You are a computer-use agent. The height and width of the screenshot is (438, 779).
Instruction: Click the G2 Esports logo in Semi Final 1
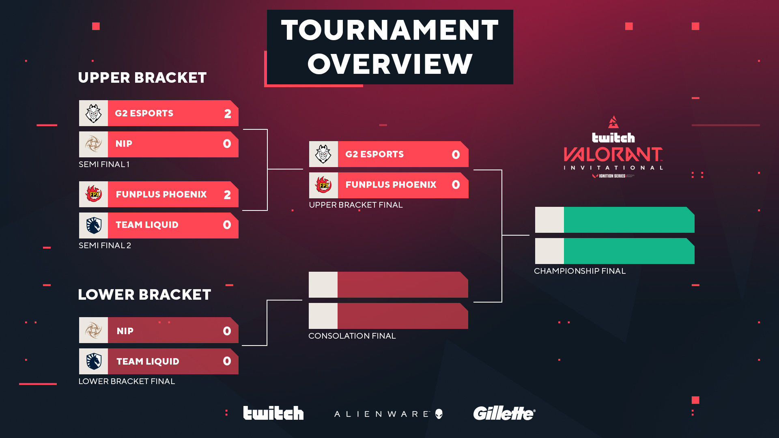pos(93,113)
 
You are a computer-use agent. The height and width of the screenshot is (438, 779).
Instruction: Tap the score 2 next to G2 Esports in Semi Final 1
pos(228,114)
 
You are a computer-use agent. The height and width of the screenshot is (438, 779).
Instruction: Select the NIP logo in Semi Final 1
pos(93,144)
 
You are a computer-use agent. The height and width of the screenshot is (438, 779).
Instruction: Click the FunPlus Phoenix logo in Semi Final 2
pos(93,194)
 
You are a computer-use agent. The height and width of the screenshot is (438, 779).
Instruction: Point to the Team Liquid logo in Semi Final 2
pos(93,225)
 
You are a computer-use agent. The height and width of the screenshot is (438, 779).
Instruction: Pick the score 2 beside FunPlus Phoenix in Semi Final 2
pos(227,195)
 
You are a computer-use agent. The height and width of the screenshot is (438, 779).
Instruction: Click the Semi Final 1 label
pos(104,164)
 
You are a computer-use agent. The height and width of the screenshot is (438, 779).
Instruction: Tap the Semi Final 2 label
pos(105,245)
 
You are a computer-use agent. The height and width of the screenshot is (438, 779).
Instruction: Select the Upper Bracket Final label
pos(355,205)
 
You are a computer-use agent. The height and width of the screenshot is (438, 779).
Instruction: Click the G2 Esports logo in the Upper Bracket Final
pos(323,154)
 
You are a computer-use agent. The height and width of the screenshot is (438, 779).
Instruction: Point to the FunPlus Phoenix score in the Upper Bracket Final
pos(456,185)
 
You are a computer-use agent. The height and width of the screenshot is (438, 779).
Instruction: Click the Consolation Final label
pos(352,336)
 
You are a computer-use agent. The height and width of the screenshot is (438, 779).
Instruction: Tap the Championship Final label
pos(579,271)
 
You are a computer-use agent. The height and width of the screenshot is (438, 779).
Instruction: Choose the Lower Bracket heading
pos(144,294)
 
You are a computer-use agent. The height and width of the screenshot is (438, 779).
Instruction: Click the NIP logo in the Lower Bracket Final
pos(93,330)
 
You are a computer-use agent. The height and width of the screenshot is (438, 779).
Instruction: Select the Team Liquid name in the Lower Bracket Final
pos(148,361)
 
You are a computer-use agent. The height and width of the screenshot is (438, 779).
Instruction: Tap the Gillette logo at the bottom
pos(504,413)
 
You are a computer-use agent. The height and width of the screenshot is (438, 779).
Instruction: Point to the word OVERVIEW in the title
pos(390,64)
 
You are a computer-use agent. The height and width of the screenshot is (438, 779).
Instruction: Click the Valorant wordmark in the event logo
pos(613,155)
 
